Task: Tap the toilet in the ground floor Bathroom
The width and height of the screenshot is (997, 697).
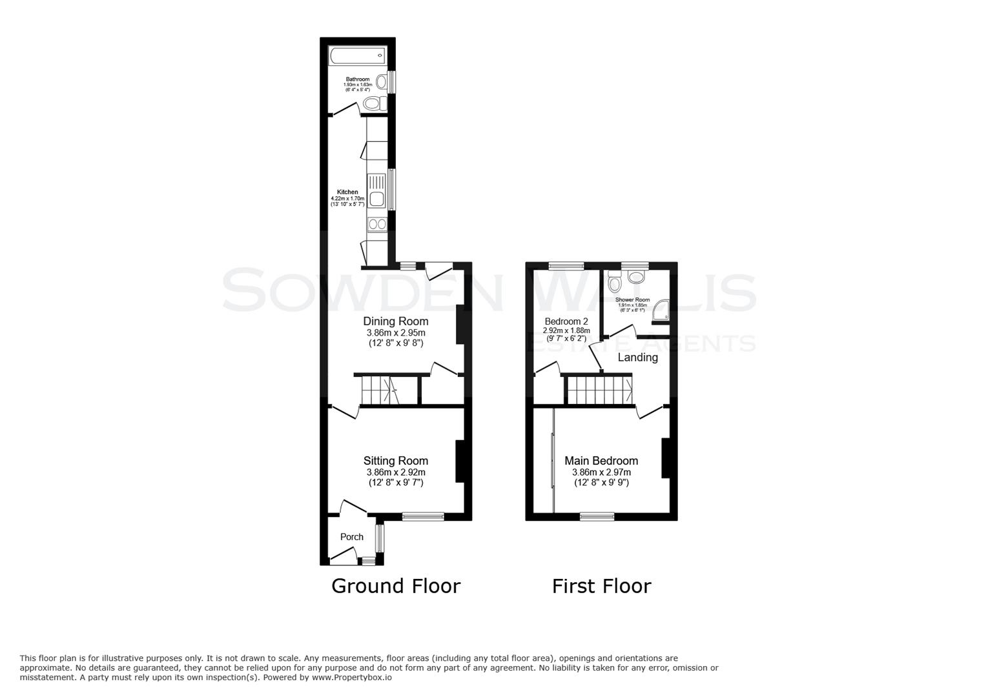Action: point(373,103)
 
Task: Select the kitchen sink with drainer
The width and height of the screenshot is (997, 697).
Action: point(376,190)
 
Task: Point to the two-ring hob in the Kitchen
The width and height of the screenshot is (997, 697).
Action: point(376,225)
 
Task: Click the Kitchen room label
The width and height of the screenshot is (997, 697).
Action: point(347,192)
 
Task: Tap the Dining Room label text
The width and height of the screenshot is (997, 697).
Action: point(395,321)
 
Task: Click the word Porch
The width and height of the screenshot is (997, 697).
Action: point(351,537)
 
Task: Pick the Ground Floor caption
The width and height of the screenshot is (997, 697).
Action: point(395,586)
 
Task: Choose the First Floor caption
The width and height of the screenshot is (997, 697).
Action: point(601,586)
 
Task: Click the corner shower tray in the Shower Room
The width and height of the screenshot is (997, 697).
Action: point(660,310)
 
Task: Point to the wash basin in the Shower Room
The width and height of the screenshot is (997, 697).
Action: point(636,278)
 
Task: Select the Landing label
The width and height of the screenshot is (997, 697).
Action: point(637,358)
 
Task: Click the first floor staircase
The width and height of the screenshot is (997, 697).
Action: point(599,390)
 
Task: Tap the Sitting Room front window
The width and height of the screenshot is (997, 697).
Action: point(423,516)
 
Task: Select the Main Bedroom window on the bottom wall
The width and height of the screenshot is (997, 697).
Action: point(596,516)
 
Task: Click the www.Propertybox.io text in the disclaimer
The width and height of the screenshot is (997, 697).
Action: point(353,678)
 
